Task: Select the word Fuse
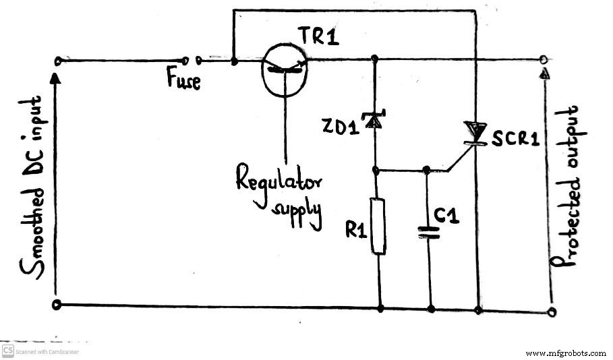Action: (183, 82)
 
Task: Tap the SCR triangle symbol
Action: (476, 131)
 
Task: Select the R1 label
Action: (356, 229)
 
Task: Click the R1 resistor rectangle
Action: (379, 226)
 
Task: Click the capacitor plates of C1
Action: (429, 232)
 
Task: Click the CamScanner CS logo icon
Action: (9, 351)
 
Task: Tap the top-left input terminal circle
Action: (57, 61)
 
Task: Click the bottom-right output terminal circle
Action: (553, 311)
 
